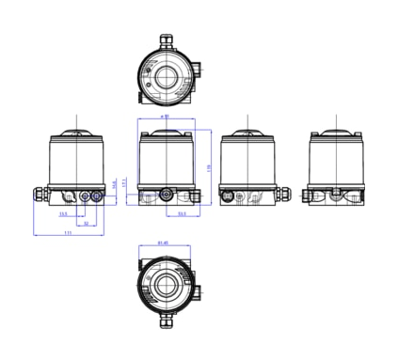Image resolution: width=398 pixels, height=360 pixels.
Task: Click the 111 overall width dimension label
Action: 70,232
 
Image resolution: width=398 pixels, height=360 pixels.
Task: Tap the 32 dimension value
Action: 85,224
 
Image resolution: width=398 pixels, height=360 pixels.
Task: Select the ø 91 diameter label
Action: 166,117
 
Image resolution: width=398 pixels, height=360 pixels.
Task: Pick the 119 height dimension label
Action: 208,166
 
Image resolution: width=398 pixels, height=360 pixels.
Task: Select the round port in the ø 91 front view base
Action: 167,196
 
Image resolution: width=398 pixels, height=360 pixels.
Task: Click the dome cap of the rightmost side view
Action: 336,132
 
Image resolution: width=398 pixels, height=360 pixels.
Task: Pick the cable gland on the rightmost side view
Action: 310,196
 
